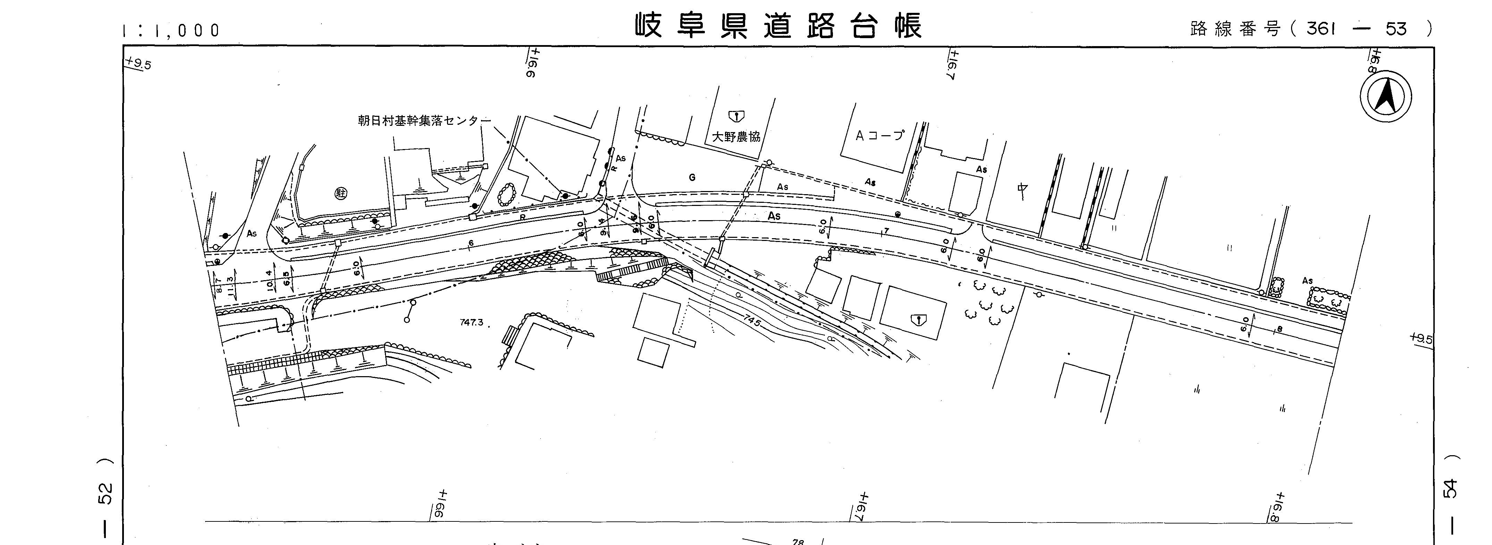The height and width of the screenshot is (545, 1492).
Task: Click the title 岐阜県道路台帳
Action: click(778, 27)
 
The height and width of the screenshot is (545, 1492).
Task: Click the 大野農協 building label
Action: click(735, 137)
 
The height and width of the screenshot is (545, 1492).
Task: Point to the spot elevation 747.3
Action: click(471, 322)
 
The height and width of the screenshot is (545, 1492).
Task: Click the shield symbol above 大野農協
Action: click(736, 116)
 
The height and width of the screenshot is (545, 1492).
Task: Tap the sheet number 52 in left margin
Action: click(106, 492)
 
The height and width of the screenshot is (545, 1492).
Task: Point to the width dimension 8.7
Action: click(218, 284)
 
